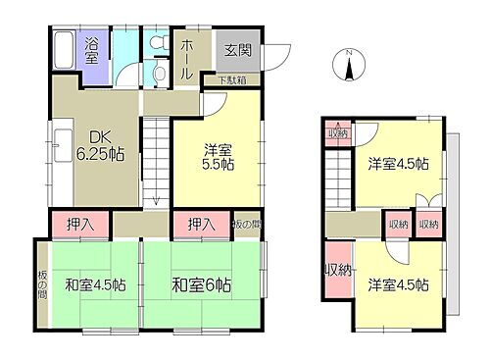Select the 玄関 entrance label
pyautogui.click(x=224, y=50)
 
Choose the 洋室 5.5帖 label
pyautogui.click(x=219, y=157)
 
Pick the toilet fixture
pyautogui.click(x=158, y=74)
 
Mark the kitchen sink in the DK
pyautogui.click(x=58, y=153)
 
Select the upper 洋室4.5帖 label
pyautogui.click(x=398, y=163)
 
